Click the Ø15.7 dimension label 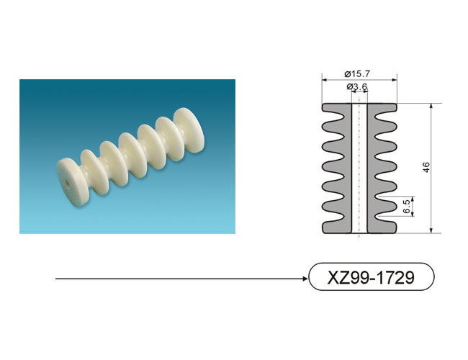[x=356, y=73]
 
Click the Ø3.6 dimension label [x=356, y=87]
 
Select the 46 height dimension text [x=426, y=167]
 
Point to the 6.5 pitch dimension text [x=407, y=206]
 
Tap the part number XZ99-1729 [x=371, y=277]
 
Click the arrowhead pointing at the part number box [x=305, y=279]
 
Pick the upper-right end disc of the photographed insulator [x=189, y=130]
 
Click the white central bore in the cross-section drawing [x=359, y=168]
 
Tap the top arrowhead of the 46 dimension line [x=431, y=107]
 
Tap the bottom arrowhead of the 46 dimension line [x=431, y=230]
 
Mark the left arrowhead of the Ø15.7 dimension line [x=325, y=80]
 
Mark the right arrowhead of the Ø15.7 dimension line [x=395, y=80]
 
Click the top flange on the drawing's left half [x=337, y=108]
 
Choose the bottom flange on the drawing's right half [x=382, y=228]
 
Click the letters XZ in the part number [x=337, y=277]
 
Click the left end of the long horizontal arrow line [x=56, y=279]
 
